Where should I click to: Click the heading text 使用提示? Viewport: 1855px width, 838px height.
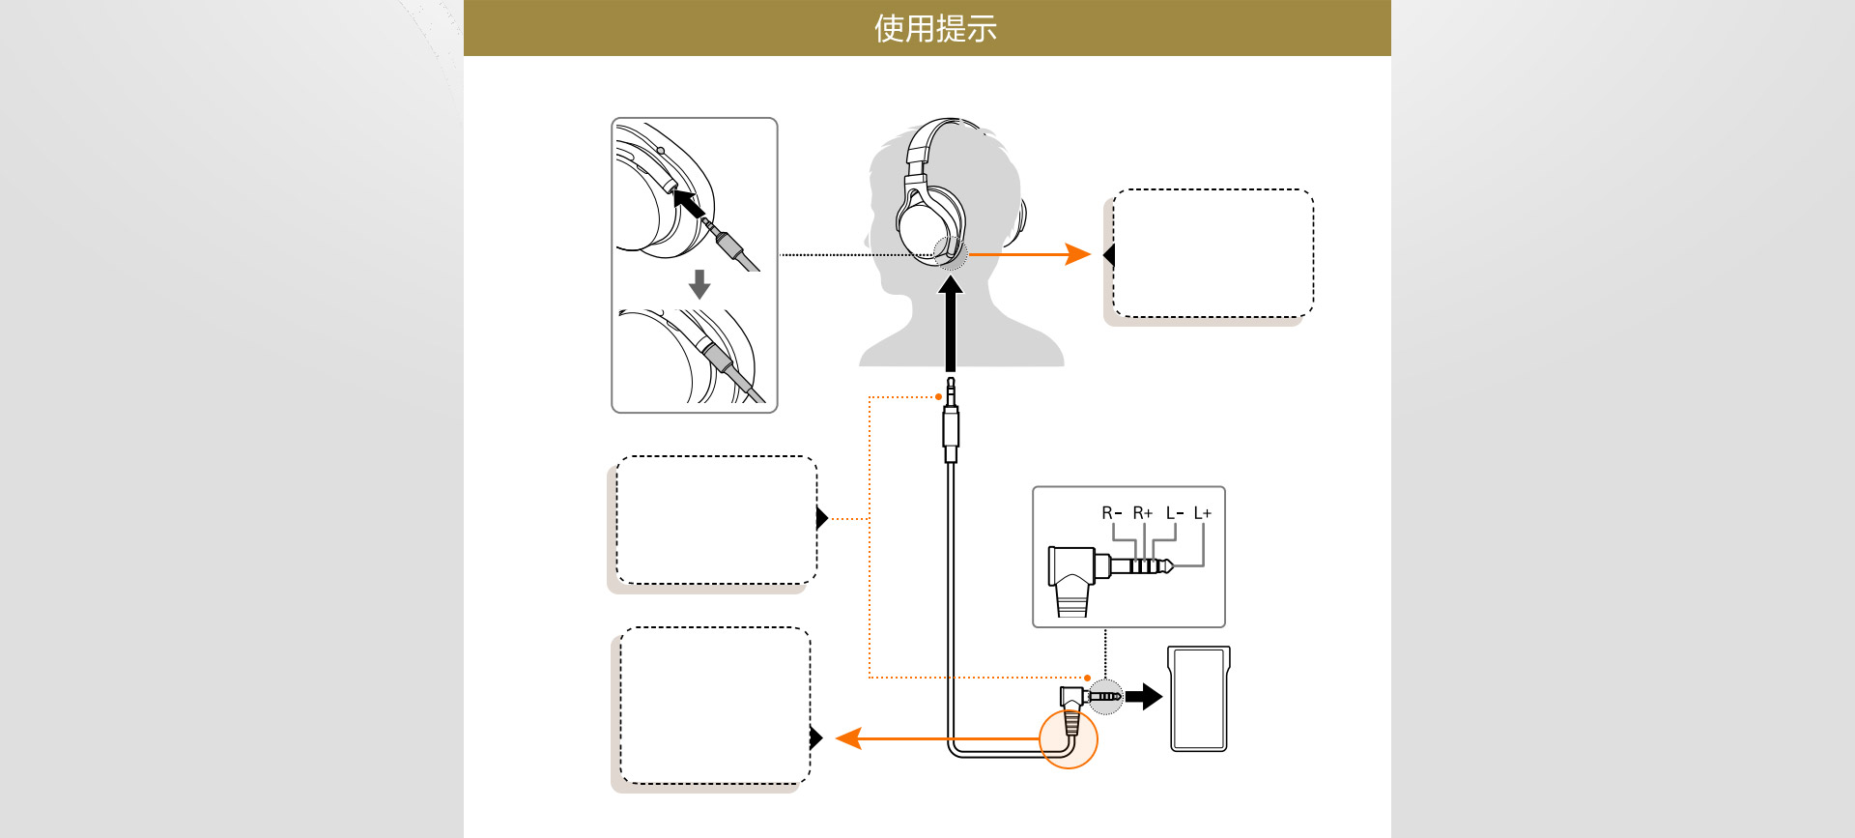pos(934,28)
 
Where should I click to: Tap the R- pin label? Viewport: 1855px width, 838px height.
pos(1111,513)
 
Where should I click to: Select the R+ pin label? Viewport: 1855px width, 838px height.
pos(1142,513)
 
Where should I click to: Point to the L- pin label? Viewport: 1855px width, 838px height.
pos(1174,513)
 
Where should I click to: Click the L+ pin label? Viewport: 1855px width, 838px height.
pos(1202,513)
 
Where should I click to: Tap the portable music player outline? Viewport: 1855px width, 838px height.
pos(1198,699)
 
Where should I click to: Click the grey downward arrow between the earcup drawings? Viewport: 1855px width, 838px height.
pos(699,284)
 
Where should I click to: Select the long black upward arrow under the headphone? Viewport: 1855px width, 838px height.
pos(951,324)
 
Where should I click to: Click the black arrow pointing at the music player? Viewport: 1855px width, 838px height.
pos(1144,696)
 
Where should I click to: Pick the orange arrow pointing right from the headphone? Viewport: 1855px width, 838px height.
pos(1030,254)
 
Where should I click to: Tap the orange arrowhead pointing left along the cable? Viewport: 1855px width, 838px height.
pos(848,738)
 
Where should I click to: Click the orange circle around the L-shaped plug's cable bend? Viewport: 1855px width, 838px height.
pos(1069,739)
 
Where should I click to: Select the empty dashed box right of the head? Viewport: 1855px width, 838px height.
pos(1213,253)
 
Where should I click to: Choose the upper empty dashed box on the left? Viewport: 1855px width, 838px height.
pos(716,520)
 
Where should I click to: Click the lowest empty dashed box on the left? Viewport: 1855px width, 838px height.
pos(715,706)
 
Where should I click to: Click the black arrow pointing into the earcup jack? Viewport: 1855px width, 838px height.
pos(688,204)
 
